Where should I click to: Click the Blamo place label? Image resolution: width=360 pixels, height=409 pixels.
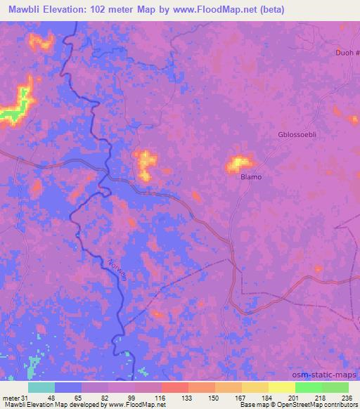(x=251, y=177)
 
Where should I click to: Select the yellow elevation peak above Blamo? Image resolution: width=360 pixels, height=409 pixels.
(x=238, y=164)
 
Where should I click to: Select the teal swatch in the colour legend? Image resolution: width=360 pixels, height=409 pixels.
(x=41, y=387)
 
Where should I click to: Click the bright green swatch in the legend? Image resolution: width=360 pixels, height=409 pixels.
(x=308, y=387)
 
